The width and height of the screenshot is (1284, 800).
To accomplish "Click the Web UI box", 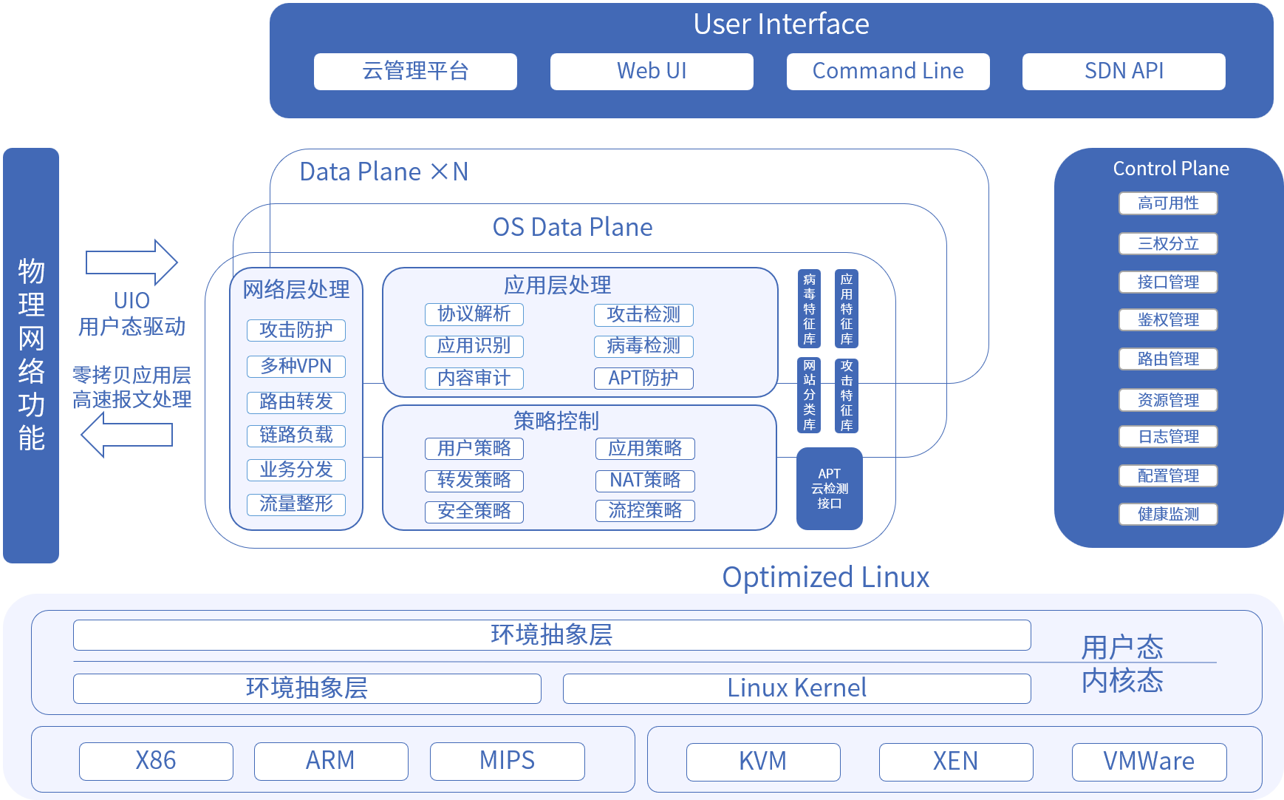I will click(x=651, y=71).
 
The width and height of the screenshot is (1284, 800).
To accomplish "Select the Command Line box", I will click(x=887, y=71).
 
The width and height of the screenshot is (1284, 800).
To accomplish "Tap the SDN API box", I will click(x=1123, y=71).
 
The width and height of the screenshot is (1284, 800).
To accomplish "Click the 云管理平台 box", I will click(x=415, y=71).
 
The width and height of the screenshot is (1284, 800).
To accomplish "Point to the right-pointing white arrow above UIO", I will click(x=132, y=262).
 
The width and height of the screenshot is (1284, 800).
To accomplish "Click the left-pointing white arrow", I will click(x=127, y=435).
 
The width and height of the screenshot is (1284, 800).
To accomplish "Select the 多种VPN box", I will click(x=296, y=366).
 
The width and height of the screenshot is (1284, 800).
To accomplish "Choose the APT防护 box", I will click(x=643, y=378).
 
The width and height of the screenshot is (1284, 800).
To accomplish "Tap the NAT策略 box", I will click(x=645, y=480).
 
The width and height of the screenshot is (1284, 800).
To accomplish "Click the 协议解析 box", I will click(x=474, y=313).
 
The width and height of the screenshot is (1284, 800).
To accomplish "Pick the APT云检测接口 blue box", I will click(x=829, y=488).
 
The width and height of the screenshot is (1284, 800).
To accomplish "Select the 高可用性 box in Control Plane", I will click(x=1167, y=203).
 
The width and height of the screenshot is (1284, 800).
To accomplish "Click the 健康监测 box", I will click(x=1167, y=514).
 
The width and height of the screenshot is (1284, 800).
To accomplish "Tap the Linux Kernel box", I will click(x=796, y=688).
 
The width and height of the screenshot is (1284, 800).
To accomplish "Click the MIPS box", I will click(x=507, y=761).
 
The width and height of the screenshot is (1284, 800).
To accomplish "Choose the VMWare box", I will click(x=1149, y=762).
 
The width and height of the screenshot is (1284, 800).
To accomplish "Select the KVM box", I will click(x=762, y=762).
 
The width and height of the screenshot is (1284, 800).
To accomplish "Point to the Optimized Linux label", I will click(x=825, y=577).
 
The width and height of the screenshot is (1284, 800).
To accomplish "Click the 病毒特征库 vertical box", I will click(x=809, y=309).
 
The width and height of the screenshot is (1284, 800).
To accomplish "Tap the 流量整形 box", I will click(x=296, y=504).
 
